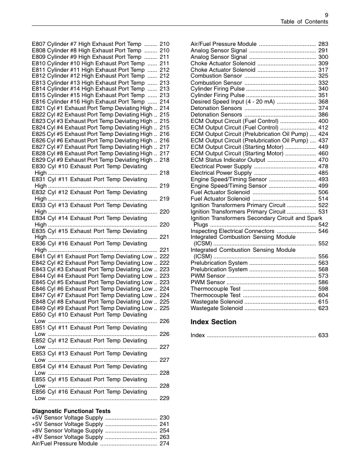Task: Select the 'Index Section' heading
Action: [214, 322]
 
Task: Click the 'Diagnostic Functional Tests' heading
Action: [71, 411]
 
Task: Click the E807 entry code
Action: [39, 44]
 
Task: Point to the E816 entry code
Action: [39, 102]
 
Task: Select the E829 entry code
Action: [39, 161]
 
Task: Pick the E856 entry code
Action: [39, 392]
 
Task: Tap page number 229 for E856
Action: [165, 398]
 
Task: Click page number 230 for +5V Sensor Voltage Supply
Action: [165, 418]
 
